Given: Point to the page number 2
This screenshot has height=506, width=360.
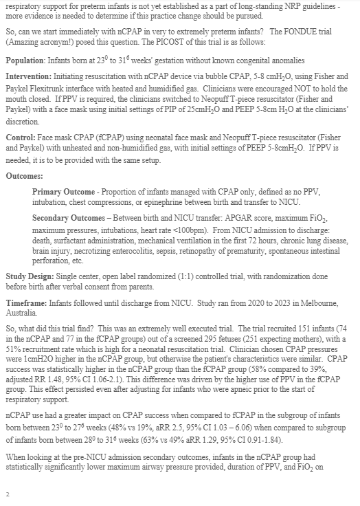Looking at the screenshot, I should tap(7, 494).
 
